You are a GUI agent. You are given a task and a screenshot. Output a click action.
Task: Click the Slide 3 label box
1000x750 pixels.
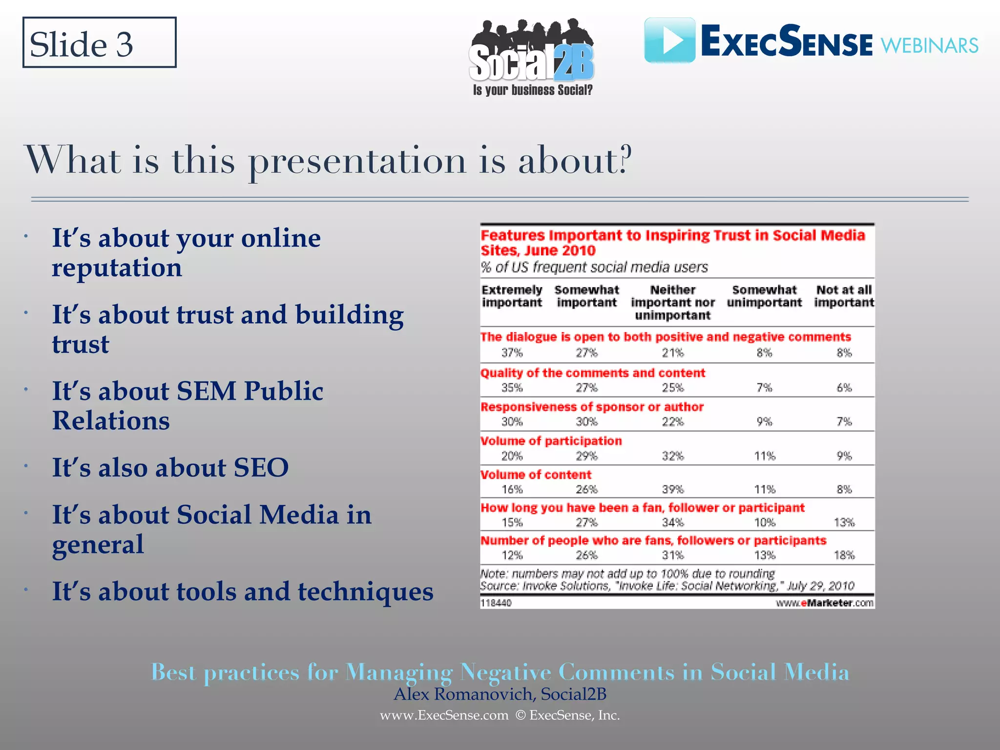[99, 43]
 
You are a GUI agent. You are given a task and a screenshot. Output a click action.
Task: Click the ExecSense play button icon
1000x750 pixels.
[669, 41]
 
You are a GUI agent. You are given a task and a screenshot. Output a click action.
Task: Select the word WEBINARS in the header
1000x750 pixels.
[929, 46]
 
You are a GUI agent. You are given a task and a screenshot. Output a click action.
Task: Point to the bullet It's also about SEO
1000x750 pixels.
[170, 467]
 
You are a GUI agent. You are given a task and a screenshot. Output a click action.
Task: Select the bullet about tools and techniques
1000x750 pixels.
[243, 591]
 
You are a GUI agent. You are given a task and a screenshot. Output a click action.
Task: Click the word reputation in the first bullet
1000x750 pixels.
[117, 268]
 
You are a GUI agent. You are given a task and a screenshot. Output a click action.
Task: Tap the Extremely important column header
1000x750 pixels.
[512, 296]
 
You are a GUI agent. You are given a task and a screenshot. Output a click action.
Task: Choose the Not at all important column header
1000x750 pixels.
[844, 296]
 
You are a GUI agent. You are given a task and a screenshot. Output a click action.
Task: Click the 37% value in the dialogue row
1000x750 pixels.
[512, 353]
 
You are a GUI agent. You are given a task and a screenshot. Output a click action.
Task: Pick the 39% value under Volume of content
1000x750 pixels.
[672, 489]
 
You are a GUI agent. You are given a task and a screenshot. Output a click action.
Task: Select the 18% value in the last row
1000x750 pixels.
[844, 555]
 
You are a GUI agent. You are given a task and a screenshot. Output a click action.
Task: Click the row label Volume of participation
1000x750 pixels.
[551, 441]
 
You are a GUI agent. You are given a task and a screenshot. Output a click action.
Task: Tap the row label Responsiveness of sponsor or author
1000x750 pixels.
[592, 407]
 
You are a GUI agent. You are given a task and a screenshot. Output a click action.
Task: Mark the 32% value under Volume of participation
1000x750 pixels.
[672, 456]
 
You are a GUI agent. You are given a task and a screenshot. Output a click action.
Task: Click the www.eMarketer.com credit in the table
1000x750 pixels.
[824, 603]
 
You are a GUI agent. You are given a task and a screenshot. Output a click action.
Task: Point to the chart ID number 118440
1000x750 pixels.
[496, 603]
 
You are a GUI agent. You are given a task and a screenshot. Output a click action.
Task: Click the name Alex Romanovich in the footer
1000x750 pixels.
[464, 694]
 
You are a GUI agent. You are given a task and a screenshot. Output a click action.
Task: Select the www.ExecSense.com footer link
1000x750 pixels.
[444, 715]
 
